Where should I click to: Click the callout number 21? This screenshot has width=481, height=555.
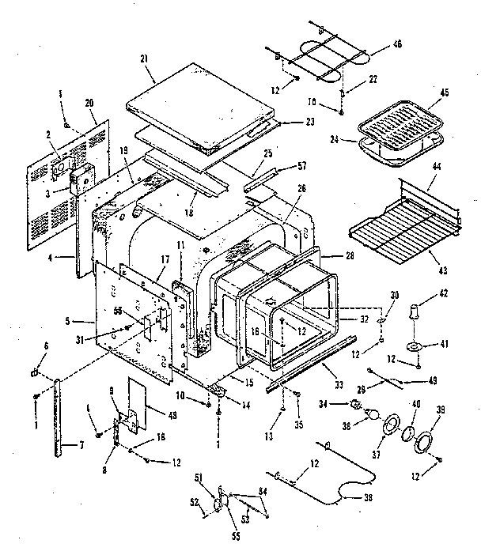(143, 59)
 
